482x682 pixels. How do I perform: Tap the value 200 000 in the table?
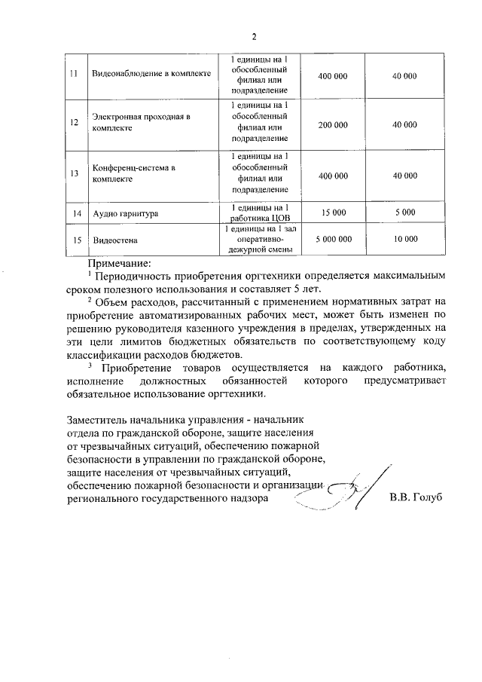point(333,125)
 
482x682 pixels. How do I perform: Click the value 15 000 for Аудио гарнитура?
point(333,213)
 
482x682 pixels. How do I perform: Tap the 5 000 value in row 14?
point(404,213)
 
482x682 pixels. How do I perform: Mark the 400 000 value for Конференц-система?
point(333,175)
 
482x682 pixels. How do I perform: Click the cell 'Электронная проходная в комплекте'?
point(140,123)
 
